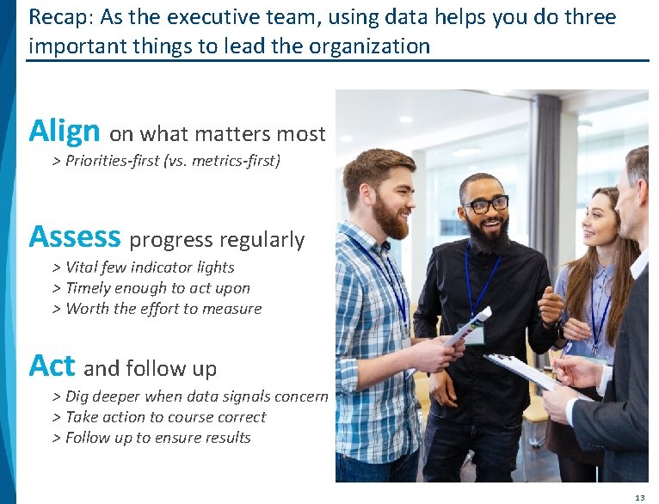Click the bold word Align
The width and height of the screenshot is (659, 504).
(x=65, y=132)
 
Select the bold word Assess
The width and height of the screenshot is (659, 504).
(x=75, y=237)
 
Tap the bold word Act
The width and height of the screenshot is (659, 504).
(x=52, y=366)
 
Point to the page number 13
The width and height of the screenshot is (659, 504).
(x=639, y=497)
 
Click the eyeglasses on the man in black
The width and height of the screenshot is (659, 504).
(x=485, y=205)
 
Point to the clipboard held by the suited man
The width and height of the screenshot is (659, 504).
(x=520, y=369)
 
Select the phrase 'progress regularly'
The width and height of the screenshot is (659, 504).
(x=217, y=240)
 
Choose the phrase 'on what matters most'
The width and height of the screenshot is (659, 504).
(x=218, y=134)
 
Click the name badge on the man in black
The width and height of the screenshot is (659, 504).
(x=475, y=335)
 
